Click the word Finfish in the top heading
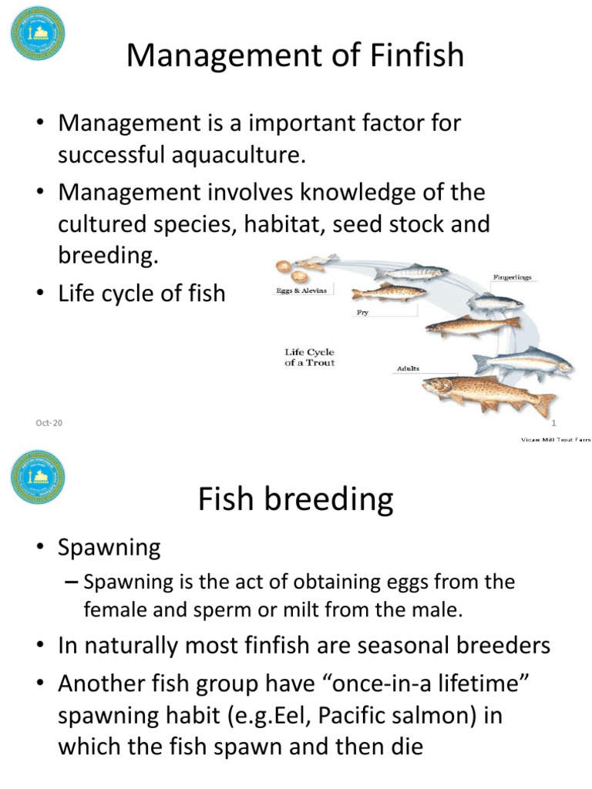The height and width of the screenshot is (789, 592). point(408,55)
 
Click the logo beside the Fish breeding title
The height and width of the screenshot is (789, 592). point(38,478)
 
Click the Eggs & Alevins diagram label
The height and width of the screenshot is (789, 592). point(301,290)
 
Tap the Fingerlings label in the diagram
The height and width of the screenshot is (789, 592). point(512,277)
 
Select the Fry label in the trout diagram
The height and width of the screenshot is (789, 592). point(362,313)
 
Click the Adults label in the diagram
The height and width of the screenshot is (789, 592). point(408,368)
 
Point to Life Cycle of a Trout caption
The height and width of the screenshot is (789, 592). point(309,358)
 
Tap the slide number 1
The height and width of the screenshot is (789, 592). point(553,421)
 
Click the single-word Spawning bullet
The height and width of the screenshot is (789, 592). point(109,548)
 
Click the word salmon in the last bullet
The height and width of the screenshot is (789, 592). point(446,714)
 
